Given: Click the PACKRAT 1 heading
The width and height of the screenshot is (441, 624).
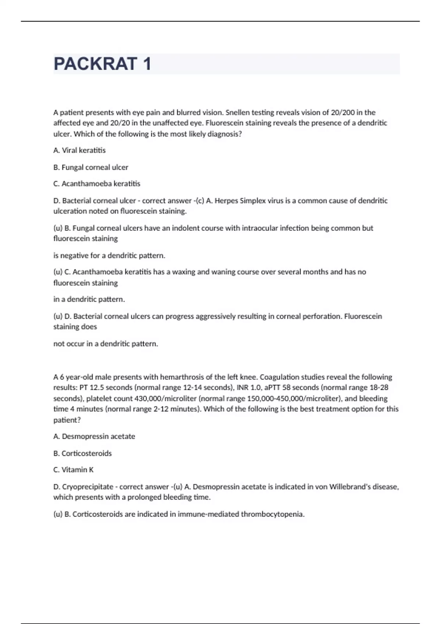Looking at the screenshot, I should pos(103,64).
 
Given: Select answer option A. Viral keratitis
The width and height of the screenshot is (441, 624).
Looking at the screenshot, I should pos(79,150).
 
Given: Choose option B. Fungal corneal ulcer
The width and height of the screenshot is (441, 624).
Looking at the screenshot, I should pos(91,167).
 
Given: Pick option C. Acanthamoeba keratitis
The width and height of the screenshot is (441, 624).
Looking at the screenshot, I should pos(97,184).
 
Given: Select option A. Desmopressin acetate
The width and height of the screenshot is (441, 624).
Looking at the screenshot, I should pos(94,436).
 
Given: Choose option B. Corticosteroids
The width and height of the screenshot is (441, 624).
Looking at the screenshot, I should pos(82,453).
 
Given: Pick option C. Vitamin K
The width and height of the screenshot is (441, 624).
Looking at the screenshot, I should pos(73,470).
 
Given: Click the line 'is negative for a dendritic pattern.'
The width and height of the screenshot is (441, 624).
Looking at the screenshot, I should pos(109,255).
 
